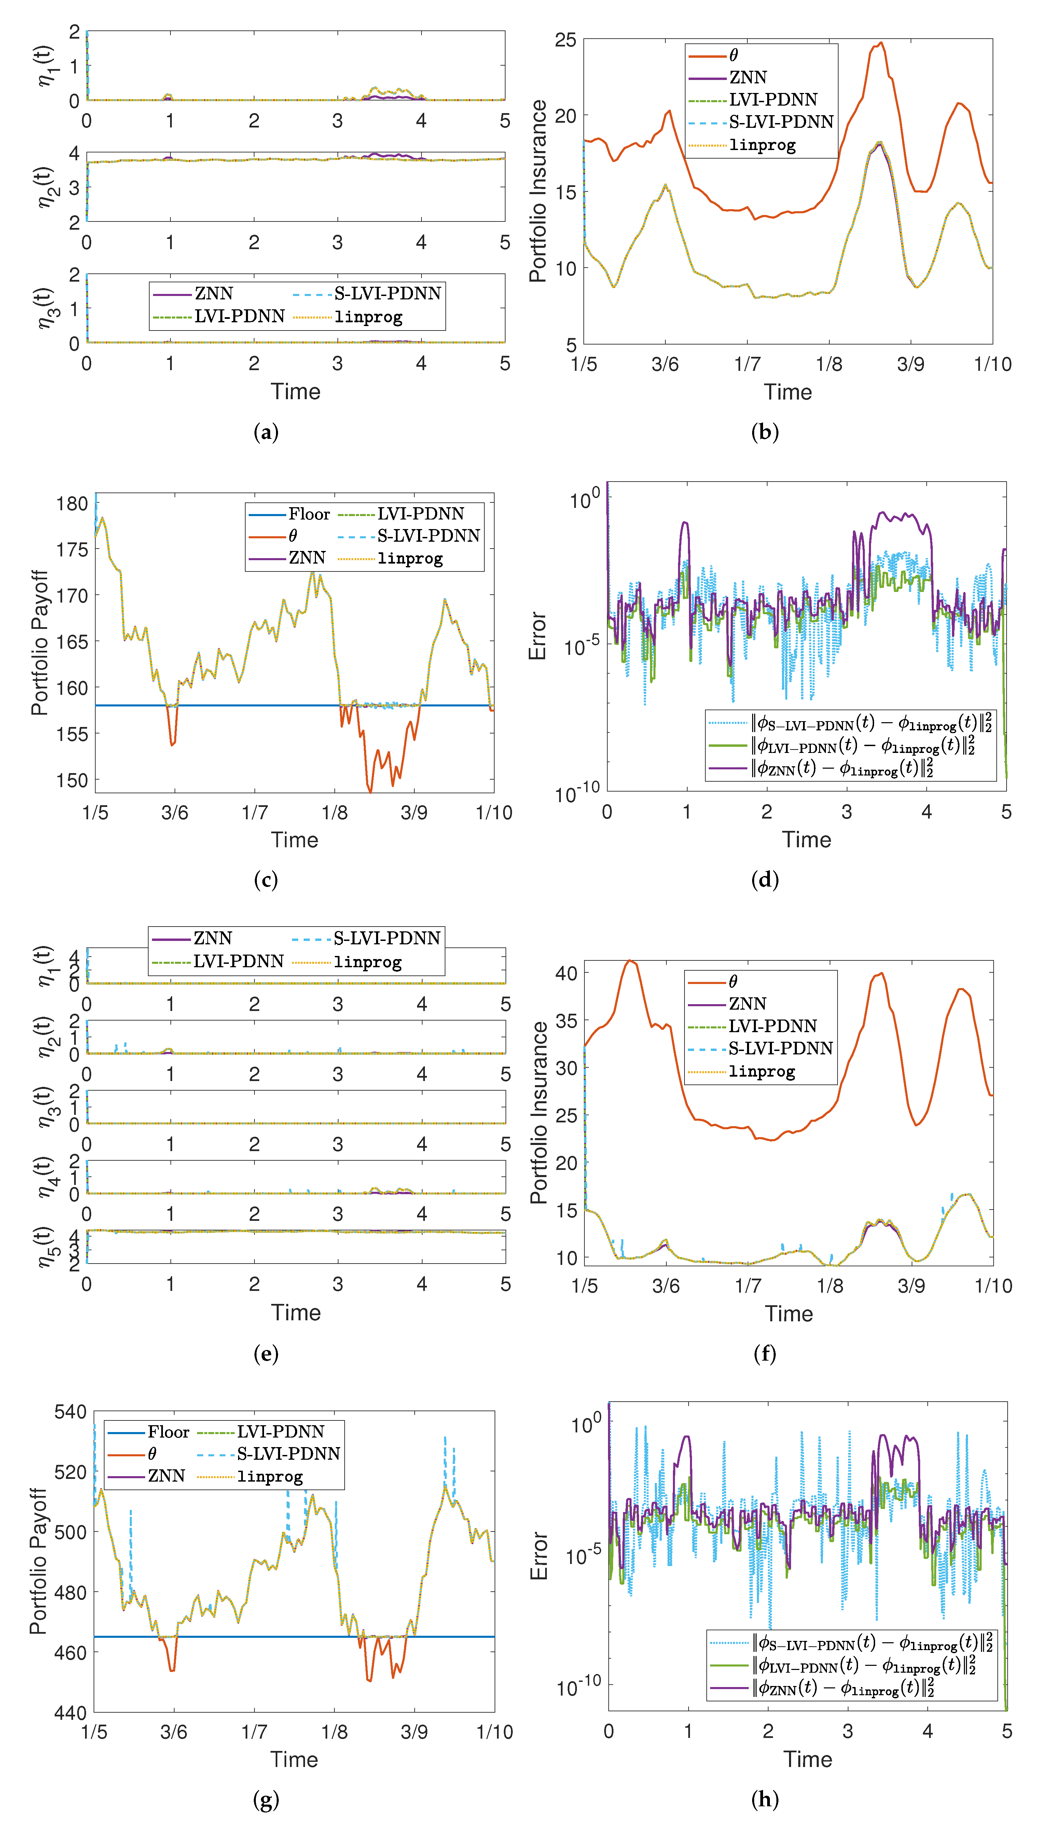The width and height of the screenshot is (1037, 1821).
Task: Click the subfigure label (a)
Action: coord(266,432)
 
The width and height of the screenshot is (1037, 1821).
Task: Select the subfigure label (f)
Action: coord(765,1354)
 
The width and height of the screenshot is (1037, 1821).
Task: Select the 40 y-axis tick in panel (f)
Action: coord(566,972)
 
